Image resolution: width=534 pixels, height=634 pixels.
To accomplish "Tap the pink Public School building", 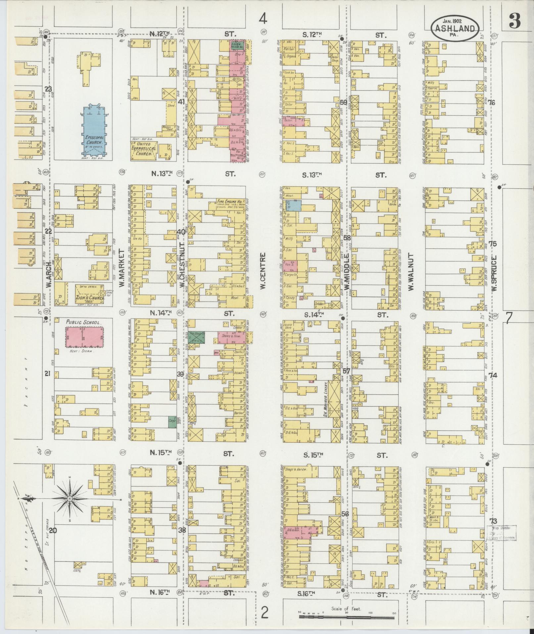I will click(x=84, y=337).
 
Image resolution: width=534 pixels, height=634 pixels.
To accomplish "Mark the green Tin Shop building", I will click(x=196, y=337).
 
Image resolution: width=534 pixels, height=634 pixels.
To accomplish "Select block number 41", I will click(x=181, y=102).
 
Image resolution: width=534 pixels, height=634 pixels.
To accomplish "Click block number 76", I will click(x=491, y=102).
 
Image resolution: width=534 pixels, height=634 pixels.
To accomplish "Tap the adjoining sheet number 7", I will click(x=509, y=318).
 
